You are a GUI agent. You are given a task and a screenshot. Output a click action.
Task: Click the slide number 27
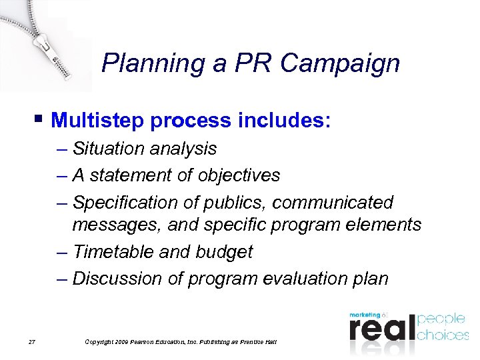click(x=31, y=342)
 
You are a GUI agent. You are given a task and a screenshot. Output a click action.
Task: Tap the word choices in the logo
click(x=443, y=334)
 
